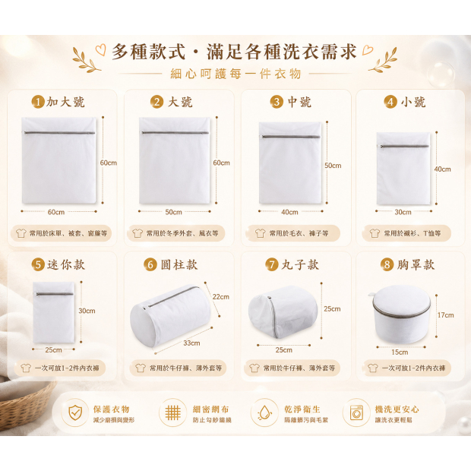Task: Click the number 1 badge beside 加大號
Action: pos(38,102)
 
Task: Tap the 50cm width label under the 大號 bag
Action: pos(174,212)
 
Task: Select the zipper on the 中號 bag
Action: pos(291,137)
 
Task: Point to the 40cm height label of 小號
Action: pos(442,169)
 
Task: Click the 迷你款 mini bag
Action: pos(54,312)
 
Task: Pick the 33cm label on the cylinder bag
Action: pos(191,343)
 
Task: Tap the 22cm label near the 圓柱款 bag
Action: pos(221,297)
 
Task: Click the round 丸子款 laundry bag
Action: pos(283,311)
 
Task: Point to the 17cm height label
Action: pos(445,315)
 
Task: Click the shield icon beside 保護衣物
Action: pos(75,412)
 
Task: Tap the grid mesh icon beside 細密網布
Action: pos(173,413)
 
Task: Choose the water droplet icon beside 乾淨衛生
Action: pos(264,413)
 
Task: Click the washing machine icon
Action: pos(356,413)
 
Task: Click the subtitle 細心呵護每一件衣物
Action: pos(235,74)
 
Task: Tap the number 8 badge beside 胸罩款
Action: pos(387,264)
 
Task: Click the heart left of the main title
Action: pos(101,49)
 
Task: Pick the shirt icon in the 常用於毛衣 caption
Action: pos(260,233)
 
